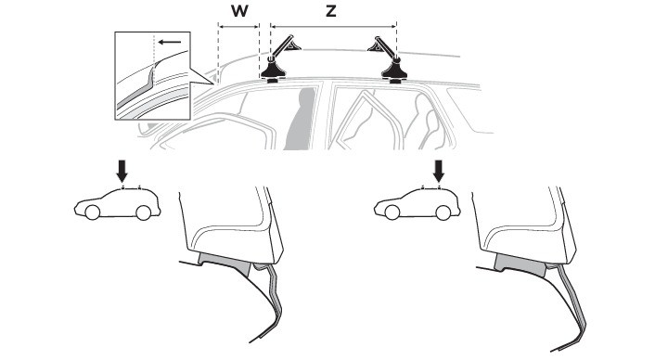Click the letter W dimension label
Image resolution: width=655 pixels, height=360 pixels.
[239, 11]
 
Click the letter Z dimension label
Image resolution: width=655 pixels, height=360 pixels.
[331, 11]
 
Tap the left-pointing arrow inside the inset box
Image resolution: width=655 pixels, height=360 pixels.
[170, 42]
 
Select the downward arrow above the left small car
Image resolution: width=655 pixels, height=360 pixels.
[122, 172]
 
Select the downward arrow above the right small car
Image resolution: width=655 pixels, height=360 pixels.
[439, 172]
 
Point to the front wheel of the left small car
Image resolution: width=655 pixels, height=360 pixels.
[93, 212]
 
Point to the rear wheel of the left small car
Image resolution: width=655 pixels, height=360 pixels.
[143, 212]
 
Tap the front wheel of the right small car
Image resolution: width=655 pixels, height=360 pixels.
[392, 212]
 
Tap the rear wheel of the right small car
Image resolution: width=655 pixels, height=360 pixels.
[443, 212]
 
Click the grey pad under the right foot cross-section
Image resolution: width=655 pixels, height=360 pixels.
[520, 264]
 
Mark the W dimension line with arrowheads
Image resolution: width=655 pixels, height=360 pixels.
[239, 27]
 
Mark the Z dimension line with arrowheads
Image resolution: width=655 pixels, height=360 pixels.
[333, 27]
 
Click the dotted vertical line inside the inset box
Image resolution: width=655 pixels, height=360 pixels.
[154, 58]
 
